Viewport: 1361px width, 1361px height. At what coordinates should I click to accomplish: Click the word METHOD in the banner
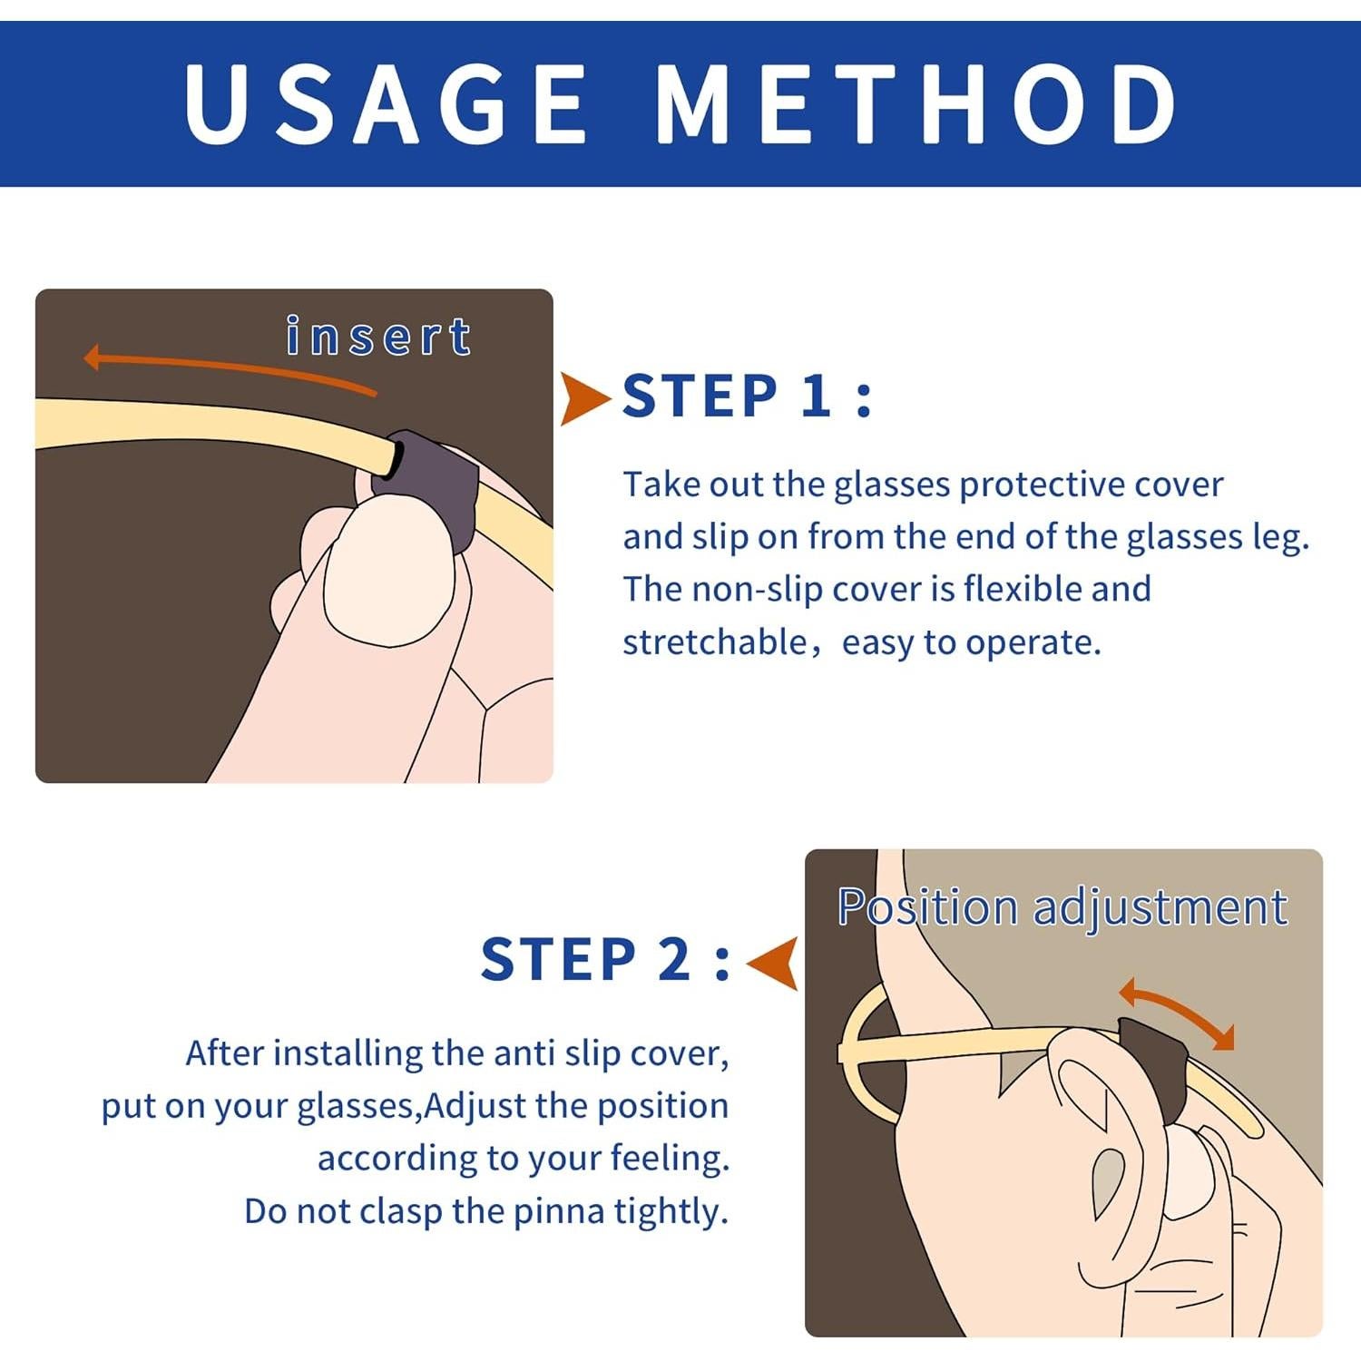[x=916, y=103]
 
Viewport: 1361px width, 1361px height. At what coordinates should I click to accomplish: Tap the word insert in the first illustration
[x=378, y=337]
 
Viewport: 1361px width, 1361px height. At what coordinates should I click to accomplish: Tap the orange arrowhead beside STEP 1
[x=584, y=397]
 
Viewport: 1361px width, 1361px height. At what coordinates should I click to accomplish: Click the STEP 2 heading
[x=605, y=959]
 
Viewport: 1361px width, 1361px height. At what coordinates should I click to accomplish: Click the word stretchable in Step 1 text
[x=714, y=642]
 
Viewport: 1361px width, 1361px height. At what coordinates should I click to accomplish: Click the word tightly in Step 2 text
[x=671, y=1212]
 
